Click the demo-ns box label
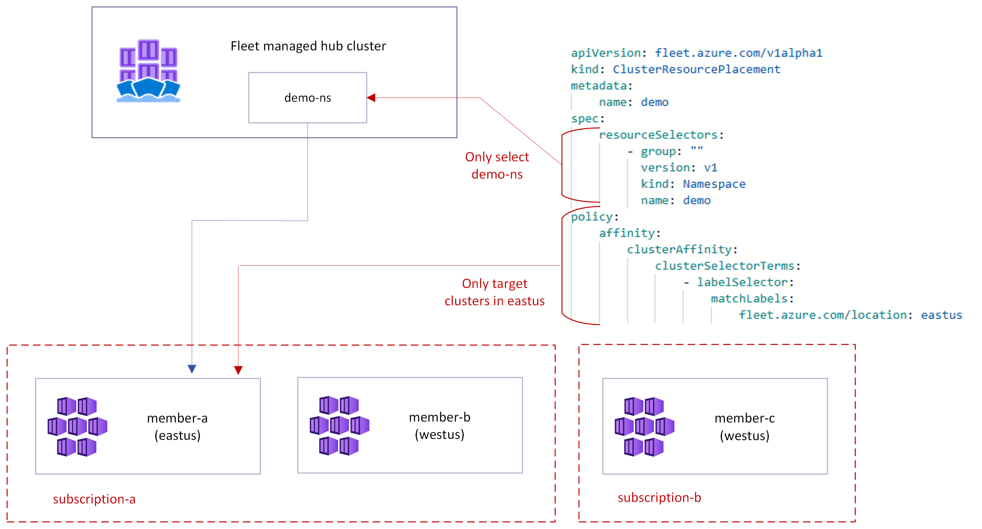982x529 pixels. [x=307, y=98]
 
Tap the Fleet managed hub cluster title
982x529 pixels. [x=308, y=46]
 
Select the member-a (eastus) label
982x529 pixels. [x=177, y=426]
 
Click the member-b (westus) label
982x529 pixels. [x=439, y=426]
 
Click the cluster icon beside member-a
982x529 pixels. [x=77, y=426]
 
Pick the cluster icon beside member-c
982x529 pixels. [x=644, y=426]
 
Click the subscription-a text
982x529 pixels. [x=94, y=499]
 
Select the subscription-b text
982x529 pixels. [x=659, y=497]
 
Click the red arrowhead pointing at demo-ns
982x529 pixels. [x=371, y=98]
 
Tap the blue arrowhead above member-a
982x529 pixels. [x=192, y=368]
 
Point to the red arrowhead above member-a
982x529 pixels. [x=238, y=370]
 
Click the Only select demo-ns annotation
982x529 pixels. [x=497, y=165]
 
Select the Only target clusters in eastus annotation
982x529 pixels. [x=494, y=292]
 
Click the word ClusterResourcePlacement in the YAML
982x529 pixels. [x=696, y=69]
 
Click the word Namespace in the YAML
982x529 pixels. [x=714, y=184]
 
